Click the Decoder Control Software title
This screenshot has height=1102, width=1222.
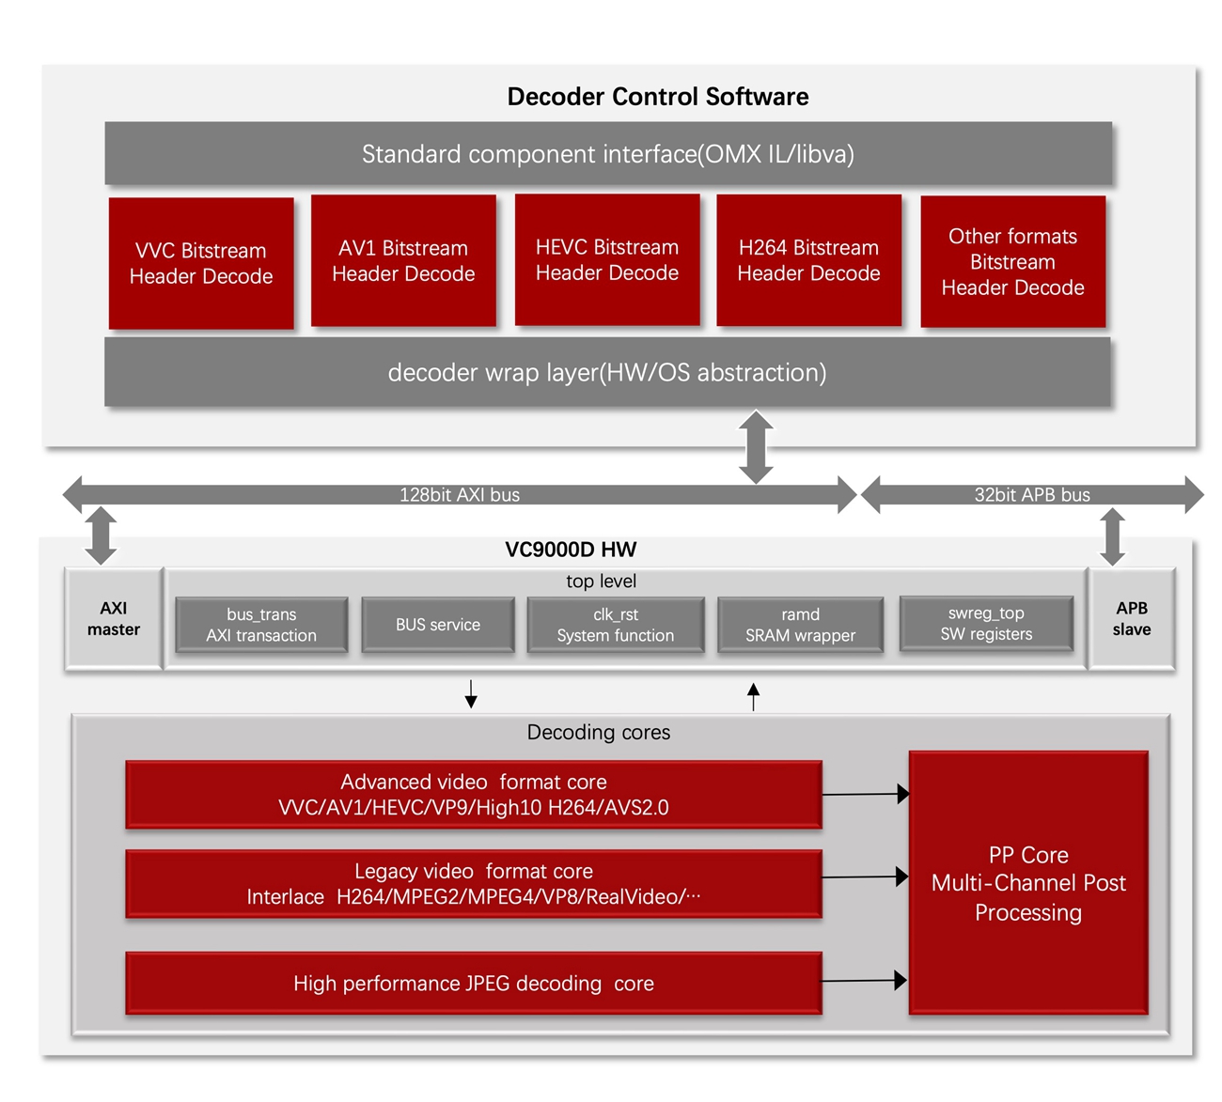pyautogui.click(x=657, y=97)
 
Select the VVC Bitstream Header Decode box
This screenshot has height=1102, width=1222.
pyautogui.click(x=201, y=263)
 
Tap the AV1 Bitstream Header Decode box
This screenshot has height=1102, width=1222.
pyautogui.click(x=403, y=261)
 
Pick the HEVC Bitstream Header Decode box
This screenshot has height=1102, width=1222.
pyautogui.click(x=607, y=260)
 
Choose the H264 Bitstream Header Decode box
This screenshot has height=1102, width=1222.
pyautogui.click(x=808, y=260)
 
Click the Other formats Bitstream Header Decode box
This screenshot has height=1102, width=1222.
pyautogui.click(x=1012, y=262)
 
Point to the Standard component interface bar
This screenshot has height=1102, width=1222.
pyautogui.click(x=607, y=154)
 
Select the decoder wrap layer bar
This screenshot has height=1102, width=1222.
pyautogui.click(x=607, y=373)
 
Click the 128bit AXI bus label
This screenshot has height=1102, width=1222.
pyautogui.click(x=459, y=495)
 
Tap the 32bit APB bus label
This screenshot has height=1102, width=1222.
pyautogui.click(x=1032, y=495)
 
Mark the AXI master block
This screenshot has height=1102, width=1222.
pyautogui.click(x=114, y=619)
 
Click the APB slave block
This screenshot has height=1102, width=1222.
pyautogui.click(x=1132, y=619)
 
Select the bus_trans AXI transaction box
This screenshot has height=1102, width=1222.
pyautogui.click(x=261, y=625)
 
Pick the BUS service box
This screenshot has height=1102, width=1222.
pyautogui.click(x=437, y=625)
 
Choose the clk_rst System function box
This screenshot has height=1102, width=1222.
pyautogui.click(x=616, y=625)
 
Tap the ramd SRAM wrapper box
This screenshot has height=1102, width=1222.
pyautogui.click(x=800, y=625)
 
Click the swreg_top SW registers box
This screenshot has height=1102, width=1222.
pyautogui.click(x=986, y=624)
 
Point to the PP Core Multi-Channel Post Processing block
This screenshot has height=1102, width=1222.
pyautogui.click(x=1028, y=883)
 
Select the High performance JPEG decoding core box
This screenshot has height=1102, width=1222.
pyautogui.click(x=474, y=984)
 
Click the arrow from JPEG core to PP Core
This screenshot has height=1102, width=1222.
pyautogui.click(x=864, y=981)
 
